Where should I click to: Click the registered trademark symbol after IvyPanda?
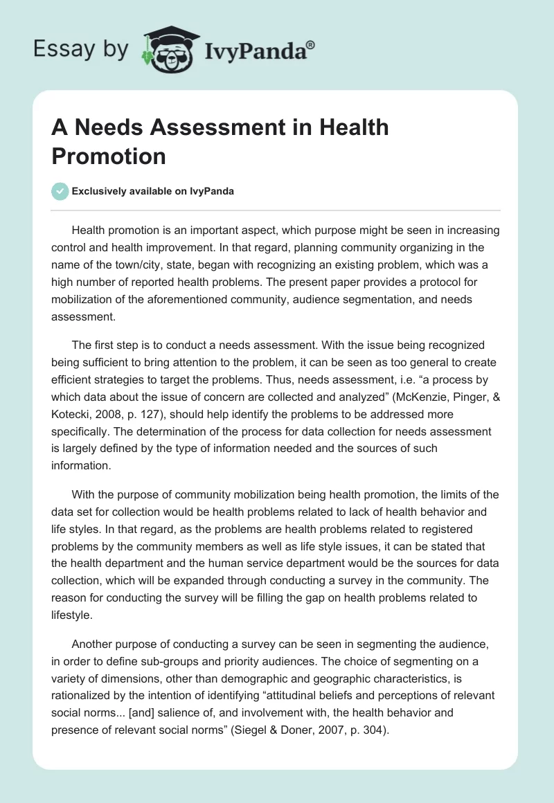311,44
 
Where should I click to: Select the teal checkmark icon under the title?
60,191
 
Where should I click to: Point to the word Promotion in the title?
109,156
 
